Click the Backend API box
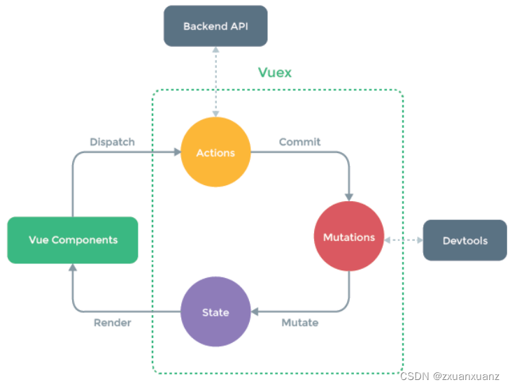click(215, 26)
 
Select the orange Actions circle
click(215, 152)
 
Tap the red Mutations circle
click(349, 237)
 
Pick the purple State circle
click(215, 312)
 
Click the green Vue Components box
click(73, 240)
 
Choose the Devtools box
click(465, 240)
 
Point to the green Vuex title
click(275, 73)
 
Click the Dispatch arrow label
click(112, 142)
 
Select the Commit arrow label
click(299, 142)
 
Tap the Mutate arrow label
click(299, 323)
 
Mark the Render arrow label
click(112, 323)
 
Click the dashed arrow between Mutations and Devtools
click(404, 240)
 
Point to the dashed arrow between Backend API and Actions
click(216, 80)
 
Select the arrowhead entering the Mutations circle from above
click(349, 196)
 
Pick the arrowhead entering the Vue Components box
click(73, 268)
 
